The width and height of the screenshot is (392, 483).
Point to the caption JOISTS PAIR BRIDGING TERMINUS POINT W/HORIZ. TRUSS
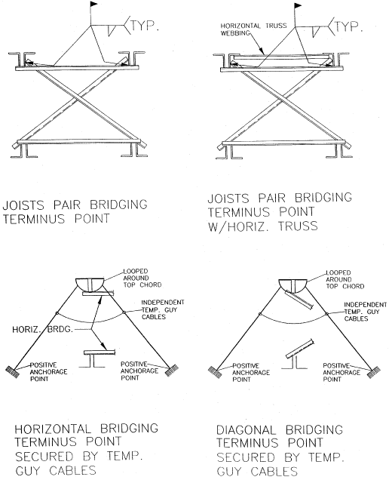(x=279, y=214)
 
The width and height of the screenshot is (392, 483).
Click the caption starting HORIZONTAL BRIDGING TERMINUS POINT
(x=79, y=451)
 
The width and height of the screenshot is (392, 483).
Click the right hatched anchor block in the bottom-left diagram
(x=170, y=371)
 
